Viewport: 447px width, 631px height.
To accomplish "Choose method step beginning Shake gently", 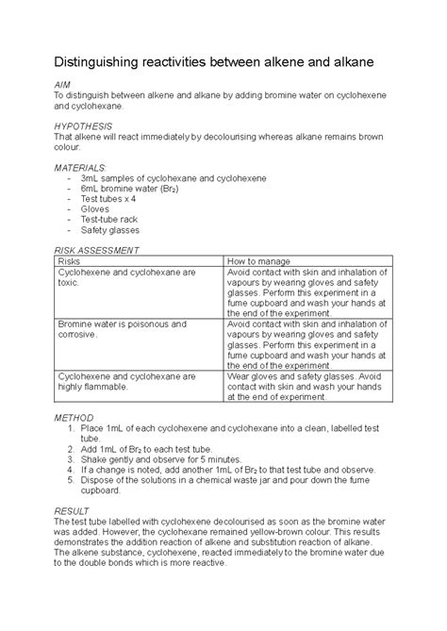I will tap(141, 457).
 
